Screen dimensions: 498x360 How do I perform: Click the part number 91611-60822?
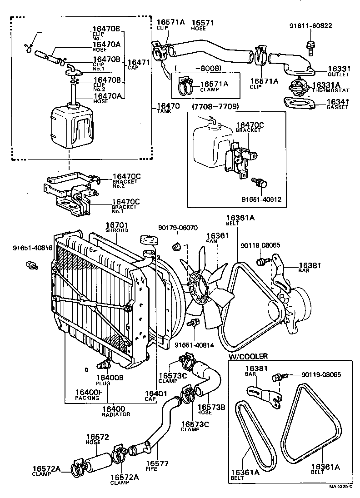310,25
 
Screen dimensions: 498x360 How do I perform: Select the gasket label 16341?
337,102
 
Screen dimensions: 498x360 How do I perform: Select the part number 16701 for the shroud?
117,225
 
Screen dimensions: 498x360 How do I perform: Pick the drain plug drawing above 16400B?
104,364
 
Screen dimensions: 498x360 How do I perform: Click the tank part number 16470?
168,106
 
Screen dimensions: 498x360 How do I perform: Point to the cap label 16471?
139,62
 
